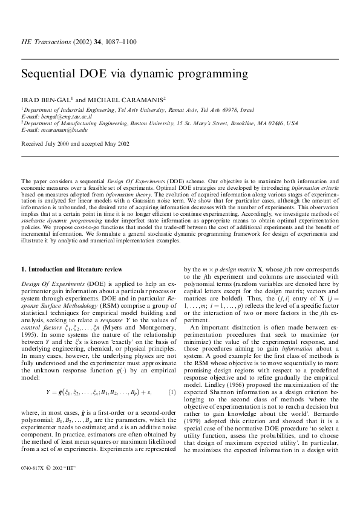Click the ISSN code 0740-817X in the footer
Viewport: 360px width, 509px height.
34,484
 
